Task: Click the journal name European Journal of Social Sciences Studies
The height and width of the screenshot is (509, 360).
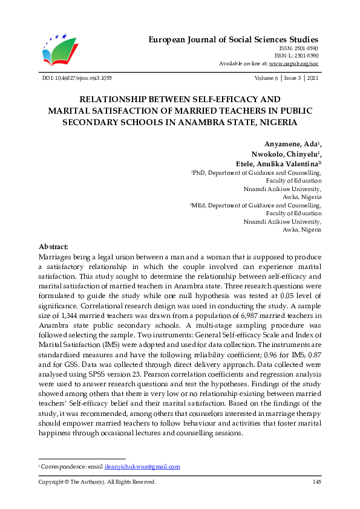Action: (234, 39)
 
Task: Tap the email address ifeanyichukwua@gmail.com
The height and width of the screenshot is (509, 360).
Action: (142, 467)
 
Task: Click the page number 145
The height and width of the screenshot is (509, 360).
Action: (316, 482)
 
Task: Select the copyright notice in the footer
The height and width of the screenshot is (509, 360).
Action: (97, 482)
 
